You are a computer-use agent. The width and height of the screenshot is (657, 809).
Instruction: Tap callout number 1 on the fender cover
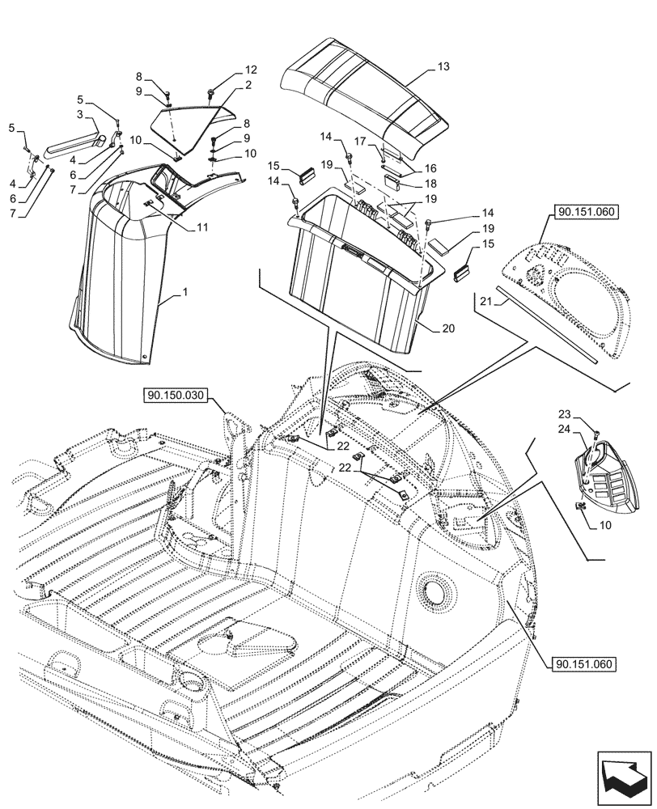pyautogui.click(x=184, y=298)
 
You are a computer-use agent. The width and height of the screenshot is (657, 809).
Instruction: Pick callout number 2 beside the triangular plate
pyautogui.click(x=248, y=85)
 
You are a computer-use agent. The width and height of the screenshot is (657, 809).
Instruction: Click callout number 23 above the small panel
pyautogui.click(x=587, y=413)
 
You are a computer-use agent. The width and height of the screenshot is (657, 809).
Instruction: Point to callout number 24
pyautogui.click(x=587, y=430)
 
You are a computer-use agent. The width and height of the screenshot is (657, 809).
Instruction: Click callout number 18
pyautogui.click(x=430, y=184)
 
